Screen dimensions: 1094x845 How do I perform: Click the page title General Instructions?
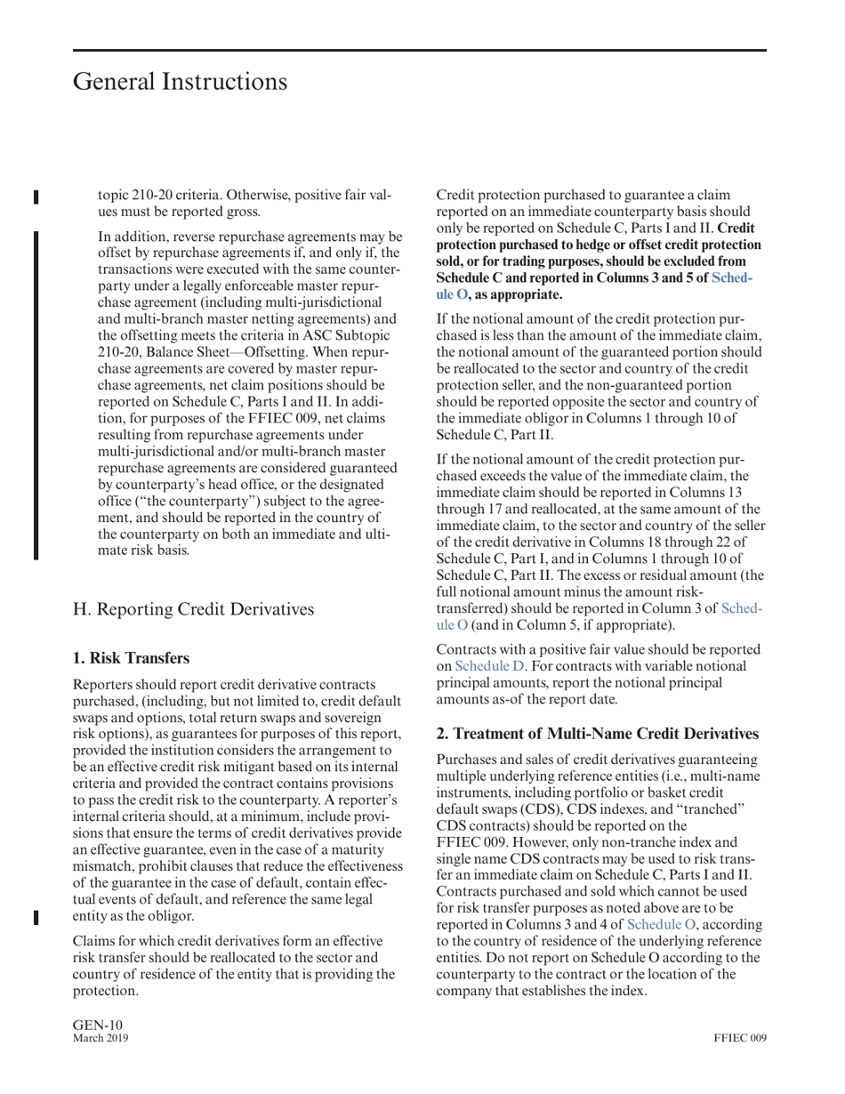coord(180,82)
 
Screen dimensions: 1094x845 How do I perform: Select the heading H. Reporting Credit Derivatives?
coord(193,609)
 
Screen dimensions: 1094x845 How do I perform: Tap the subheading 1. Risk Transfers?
coord(131,658)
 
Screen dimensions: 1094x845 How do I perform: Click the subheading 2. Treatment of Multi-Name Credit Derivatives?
coord(597,734)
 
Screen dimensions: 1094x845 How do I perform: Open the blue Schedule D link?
coord(490,666)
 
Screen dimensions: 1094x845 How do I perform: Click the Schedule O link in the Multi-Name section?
coord(662,924)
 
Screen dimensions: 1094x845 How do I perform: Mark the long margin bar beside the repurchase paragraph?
coord(36,394)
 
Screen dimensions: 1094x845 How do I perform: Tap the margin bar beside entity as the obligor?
coord(36,917)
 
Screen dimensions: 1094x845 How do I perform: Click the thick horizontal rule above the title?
coord(419,50)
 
